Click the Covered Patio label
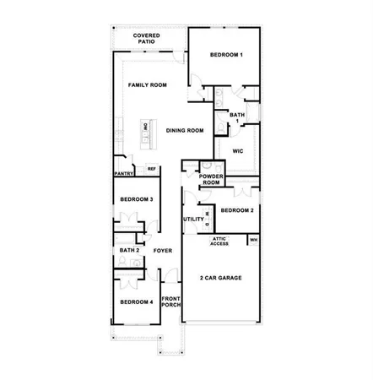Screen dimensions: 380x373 (148, 40)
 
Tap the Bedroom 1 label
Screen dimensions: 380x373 (225, 55)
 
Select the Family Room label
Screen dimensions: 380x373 (147, 85)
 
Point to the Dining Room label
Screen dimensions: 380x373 (185, 130)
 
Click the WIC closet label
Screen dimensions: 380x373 (238, 150)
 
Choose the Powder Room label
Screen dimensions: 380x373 (210, 179)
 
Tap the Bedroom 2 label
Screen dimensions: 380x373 (237, 209)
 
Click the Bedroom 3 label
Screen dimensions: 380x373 (136, 199)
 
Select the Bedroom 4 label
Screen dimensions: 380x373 (136, 301)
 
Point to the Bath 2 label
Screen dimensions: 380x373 (129, 251)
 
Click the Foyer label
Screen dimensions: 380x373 (163, 251)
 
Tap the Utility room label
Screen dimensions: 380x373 (193, 220)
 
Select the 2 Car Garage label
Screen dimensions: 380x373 (219, 278)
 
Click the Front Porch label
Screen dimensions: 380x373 (171, 303)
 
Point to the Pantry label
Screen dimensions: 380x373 (124, 174)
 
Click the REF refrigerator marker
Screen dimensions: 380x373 (152, 169)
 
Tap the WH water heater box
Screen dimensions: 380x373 (252, 241)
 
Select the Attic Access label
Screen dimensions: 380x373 (219, 241)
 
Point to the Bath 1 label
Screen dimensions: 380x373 (238, 117)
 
